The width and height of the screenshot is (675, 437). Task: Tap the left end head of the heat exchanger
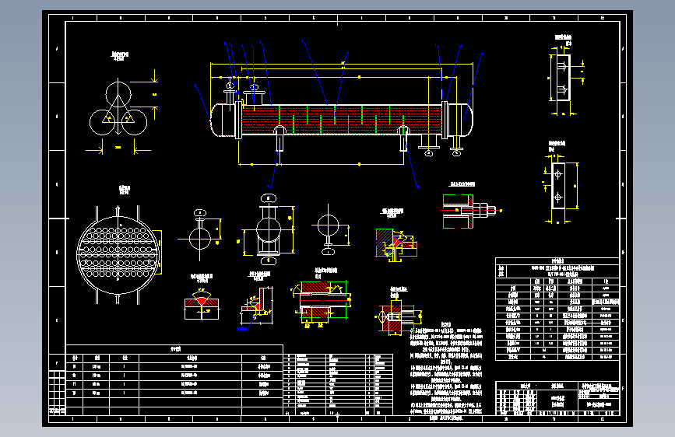(221, 119)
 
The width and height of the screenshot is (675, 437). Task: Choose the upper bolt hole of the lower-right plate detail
(558, 174)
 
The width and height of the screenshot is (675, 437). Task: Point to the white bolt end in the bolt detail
(490, 209)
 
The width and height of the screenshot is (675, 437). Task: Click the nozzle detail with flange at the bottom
(328, 230)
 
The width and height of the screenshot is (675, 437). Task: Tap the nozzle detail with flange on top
(201, 231)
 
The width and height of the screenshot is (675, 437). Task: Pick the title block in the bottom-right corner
(559, 400)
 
